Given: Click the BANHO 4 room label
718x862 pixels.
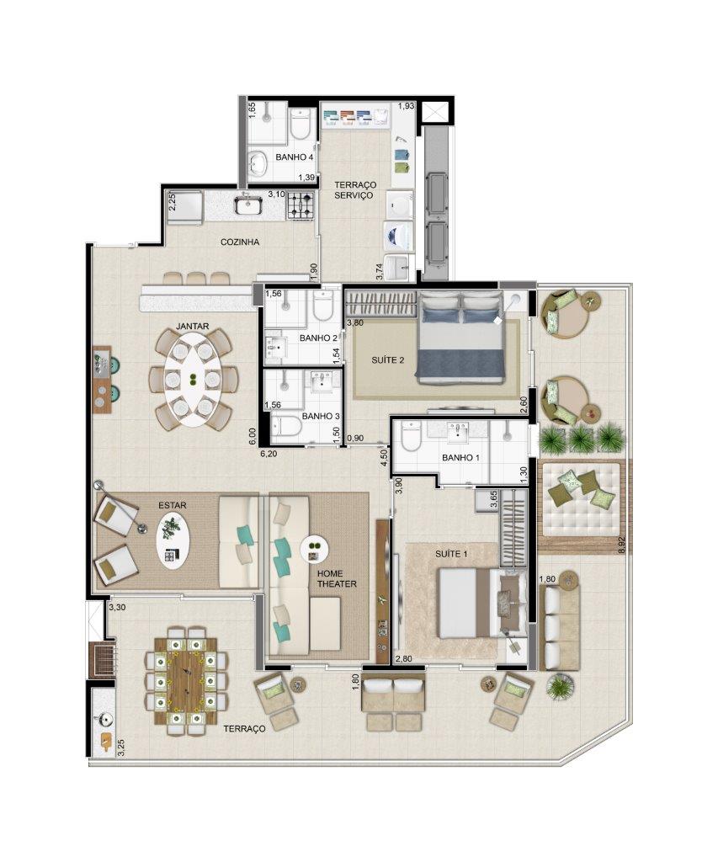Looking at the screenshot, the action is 294,157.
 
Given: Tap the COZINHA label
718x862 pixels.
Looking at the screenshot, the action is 240,242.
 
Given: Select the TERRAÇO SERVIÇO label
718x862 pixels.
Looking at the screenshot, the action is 355,190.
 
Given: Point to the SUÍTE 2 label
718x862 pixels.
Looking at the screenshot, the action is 387,360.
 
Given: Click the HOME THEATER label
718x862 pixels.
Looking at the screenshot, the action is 337,578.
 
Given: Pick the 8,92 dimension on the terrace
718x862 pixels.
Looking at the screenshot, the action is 622,545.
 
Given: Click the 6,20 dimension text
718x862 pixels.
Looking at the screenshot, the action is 269,454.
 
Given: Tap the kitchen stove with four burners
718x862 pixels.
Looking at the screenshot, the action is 300,205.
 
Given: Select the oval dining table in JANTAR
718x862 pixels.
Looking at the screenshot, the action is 193,380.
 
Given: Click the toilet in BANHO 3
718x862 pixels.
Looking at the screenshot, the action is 285,424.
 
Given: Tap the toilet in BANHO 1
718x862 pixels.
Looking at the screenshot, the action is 411,437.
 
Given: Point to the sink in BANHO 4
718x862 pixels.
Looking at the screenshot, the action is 256,162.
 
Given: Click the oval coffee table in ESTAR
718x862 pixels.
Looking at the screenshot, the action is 173,541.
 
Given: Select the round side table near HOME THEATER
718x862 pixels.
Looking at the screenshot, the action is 314,549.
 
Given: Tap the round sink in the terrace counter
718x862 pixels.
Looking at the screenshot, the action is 103,718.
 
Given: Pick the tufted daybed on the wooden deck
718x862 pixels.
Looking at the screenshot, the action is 582,499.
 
